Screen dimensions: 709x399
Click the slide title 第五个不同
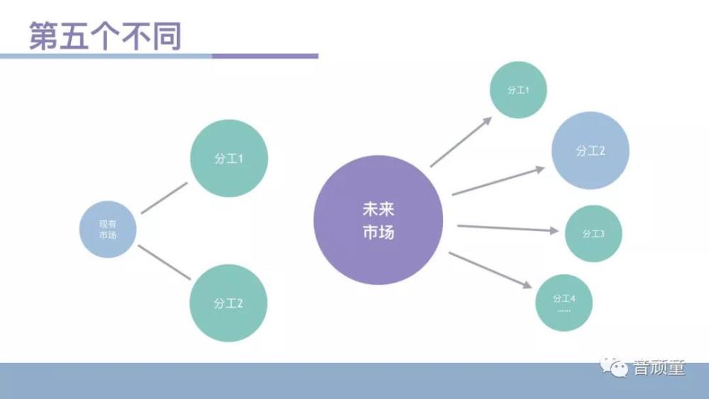[x=106, y=35]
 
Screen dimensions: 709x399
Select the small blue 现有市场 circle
[x=108, y=229]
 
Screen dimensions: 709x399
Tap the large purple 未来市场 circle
[x=379, y=220]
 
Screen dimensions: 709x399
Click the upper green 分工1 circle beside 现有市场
[x=229, y=158]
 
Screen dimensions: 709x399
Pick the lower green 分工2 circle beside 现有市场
[x=228, y=303]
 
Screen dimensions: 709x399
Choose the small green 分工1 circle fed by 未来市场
[x=518, y=90]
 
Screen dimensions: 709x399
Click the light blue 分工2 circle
[x=590, y=150]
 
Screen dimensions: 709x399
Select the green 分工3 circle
[x=593, y=234]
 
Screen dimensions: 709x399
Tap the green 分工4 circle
[x=564, y=303]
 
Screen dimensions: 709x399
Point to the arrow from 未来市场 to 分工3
[x=508, y=228]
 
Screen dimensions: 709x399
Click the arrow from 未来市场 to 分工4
[x=490, y=270]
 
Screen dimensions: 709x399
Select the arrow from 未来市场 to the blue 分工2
[x=498, y=181]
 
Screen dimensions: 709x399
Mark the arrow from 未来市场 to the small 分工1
[x=461, y=142]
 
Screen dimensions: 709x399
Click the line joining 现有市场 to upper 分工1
[x=164, y=198]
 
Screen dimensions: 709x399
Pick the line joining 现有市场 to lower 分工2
[x=164, y=262]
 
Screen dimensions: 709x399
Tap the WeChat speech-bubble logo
[x=613, y=366]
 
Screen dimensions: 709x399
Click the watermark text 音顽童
[x=659, y=367]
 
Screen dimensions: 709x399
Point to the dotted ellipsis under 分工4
[x=564, y=310]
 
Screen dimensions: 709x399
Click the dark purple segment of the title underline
[x=265, y=56]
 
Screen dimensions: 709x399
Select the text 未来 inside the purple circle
[x=379, y=209]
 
